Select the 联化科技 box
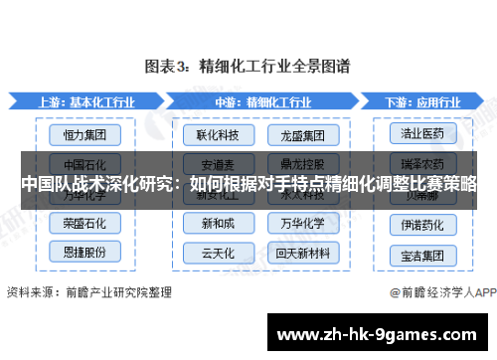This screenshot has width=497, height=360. click(217, 132)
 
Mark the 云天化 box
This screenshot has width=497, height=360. click(217, 251)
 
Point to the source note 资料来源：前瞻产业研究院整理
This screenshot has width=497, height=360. click(88, 292)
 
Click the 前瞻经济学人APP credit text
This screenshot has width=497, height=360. click(443, 293)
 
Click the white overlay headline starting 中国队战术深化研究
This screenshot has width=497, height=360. click(248, 185)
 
